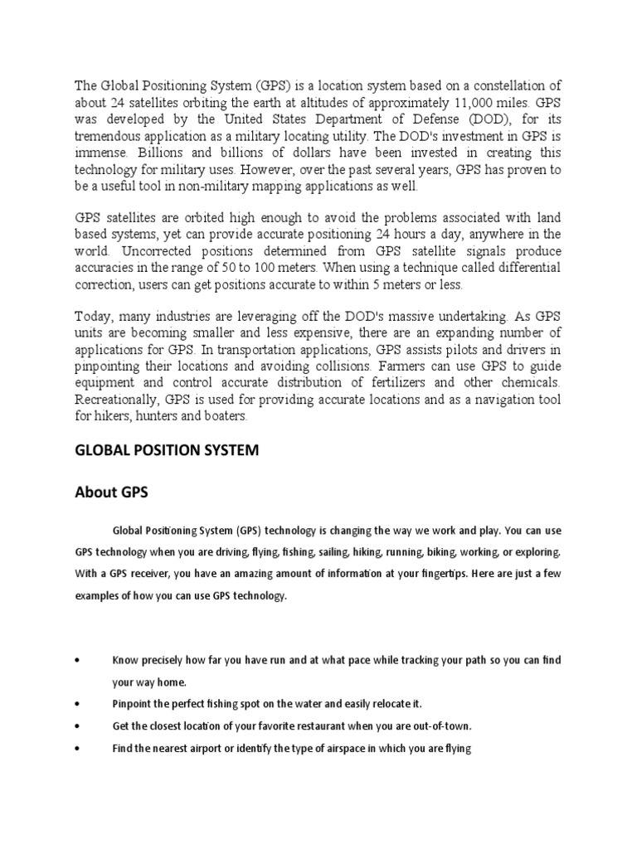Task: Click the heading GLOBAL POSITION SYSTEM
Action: (x=168, y=450)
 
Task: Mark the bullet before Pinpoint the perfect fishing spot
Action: (x=77, y=703)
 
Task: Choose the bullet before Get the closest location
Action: (x=77, y=725)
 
